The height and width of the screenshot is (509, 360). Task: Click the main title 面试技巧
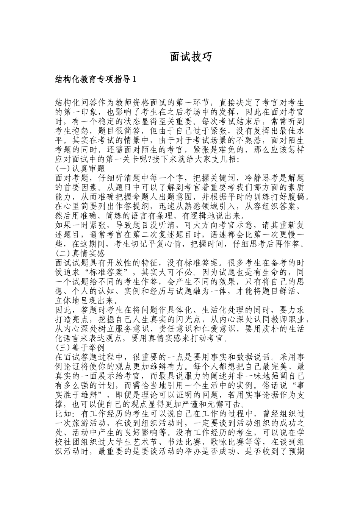coord(188,57)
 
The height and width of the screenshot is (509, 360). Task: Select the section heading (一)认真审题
coord(80,168)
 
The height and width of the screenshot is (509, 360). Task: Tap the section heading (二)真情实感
coord(80,253)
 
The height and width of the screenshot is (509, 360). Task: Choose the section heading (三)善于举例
coord(80,347)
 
